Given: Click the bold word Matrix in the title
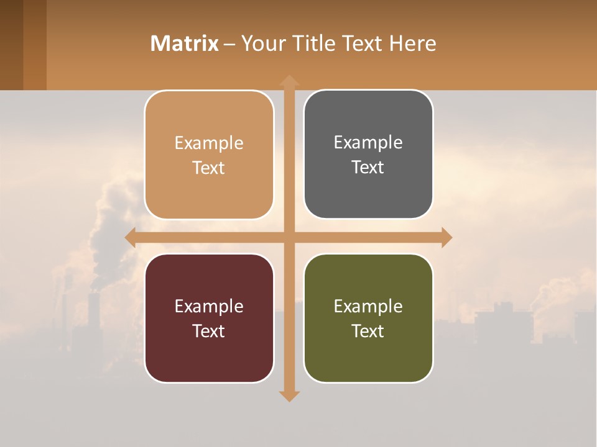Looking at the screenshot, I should (x=185, y=43).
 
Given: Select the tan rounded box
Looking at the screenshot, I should (x=209, y=155).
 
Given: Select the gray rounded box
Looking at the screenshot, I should (x=368, y=154).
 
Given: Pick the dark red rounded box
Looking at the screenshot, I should (x=209, y=318).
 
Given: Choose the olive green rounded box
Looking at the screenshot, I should (x=368, y=318).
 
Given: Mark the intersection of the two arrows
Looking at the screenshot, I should (x=289, y=238).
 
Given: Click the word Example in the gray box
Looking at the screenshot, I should (x=368, y=142).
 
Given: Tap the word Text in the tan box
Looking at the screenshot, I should (x=209, y=168).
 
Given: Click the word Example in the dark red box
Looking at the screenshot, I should (x=209, y=306).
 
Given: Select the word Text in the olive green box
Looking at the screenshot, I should (x=368, y=331).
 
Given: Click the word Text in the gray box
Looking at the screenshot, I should (x=368, y=167).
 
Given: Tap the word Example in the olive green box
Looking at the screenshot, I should (x=368, y=306).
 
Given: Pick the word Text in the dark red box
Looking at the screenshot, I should (x=209, y=331).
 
